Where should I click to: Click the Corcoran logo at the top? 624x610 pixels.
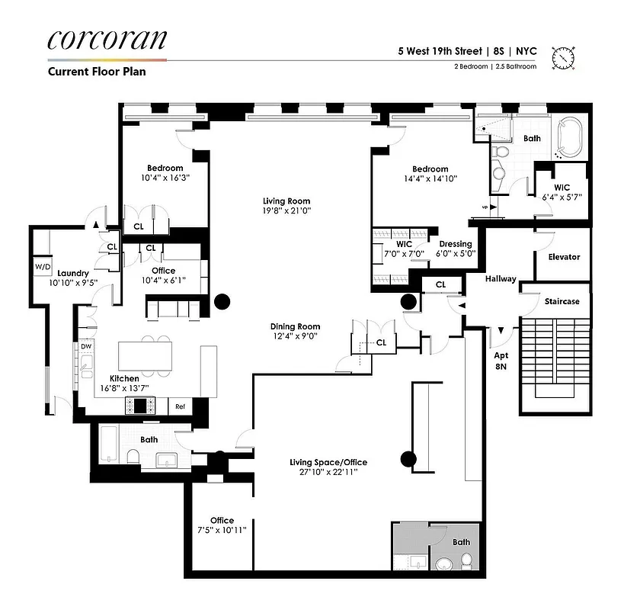click(x=107, y=40)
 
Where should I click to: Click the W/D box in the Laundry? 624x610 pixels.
click(x=41, y=267)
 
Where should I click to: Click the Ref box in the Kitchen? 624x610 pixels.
click(x=181, y=407)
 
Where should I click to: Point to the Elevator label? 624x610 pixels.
click(x=564, y=257)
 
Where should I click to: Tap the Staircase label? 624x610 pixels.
click(x=562, y=301)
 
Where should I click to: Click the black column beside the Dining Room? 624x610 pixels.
click(x=222, y=302)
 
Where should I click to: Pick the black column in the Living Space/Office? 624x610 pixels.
click(x=409, y=459)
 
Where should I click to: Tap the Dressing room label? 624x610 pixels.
click(x=455, y=245)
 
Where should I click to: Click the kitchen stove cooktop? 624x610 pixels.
click(x=142, y=406)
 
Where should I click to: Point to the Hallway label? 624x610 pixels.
click(x=501, y=279)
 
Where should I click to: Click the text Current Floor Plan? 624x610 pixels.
click(x=97, y=72)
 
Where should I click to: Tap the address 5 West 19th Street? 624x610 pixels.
click(x=440, y=52)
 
